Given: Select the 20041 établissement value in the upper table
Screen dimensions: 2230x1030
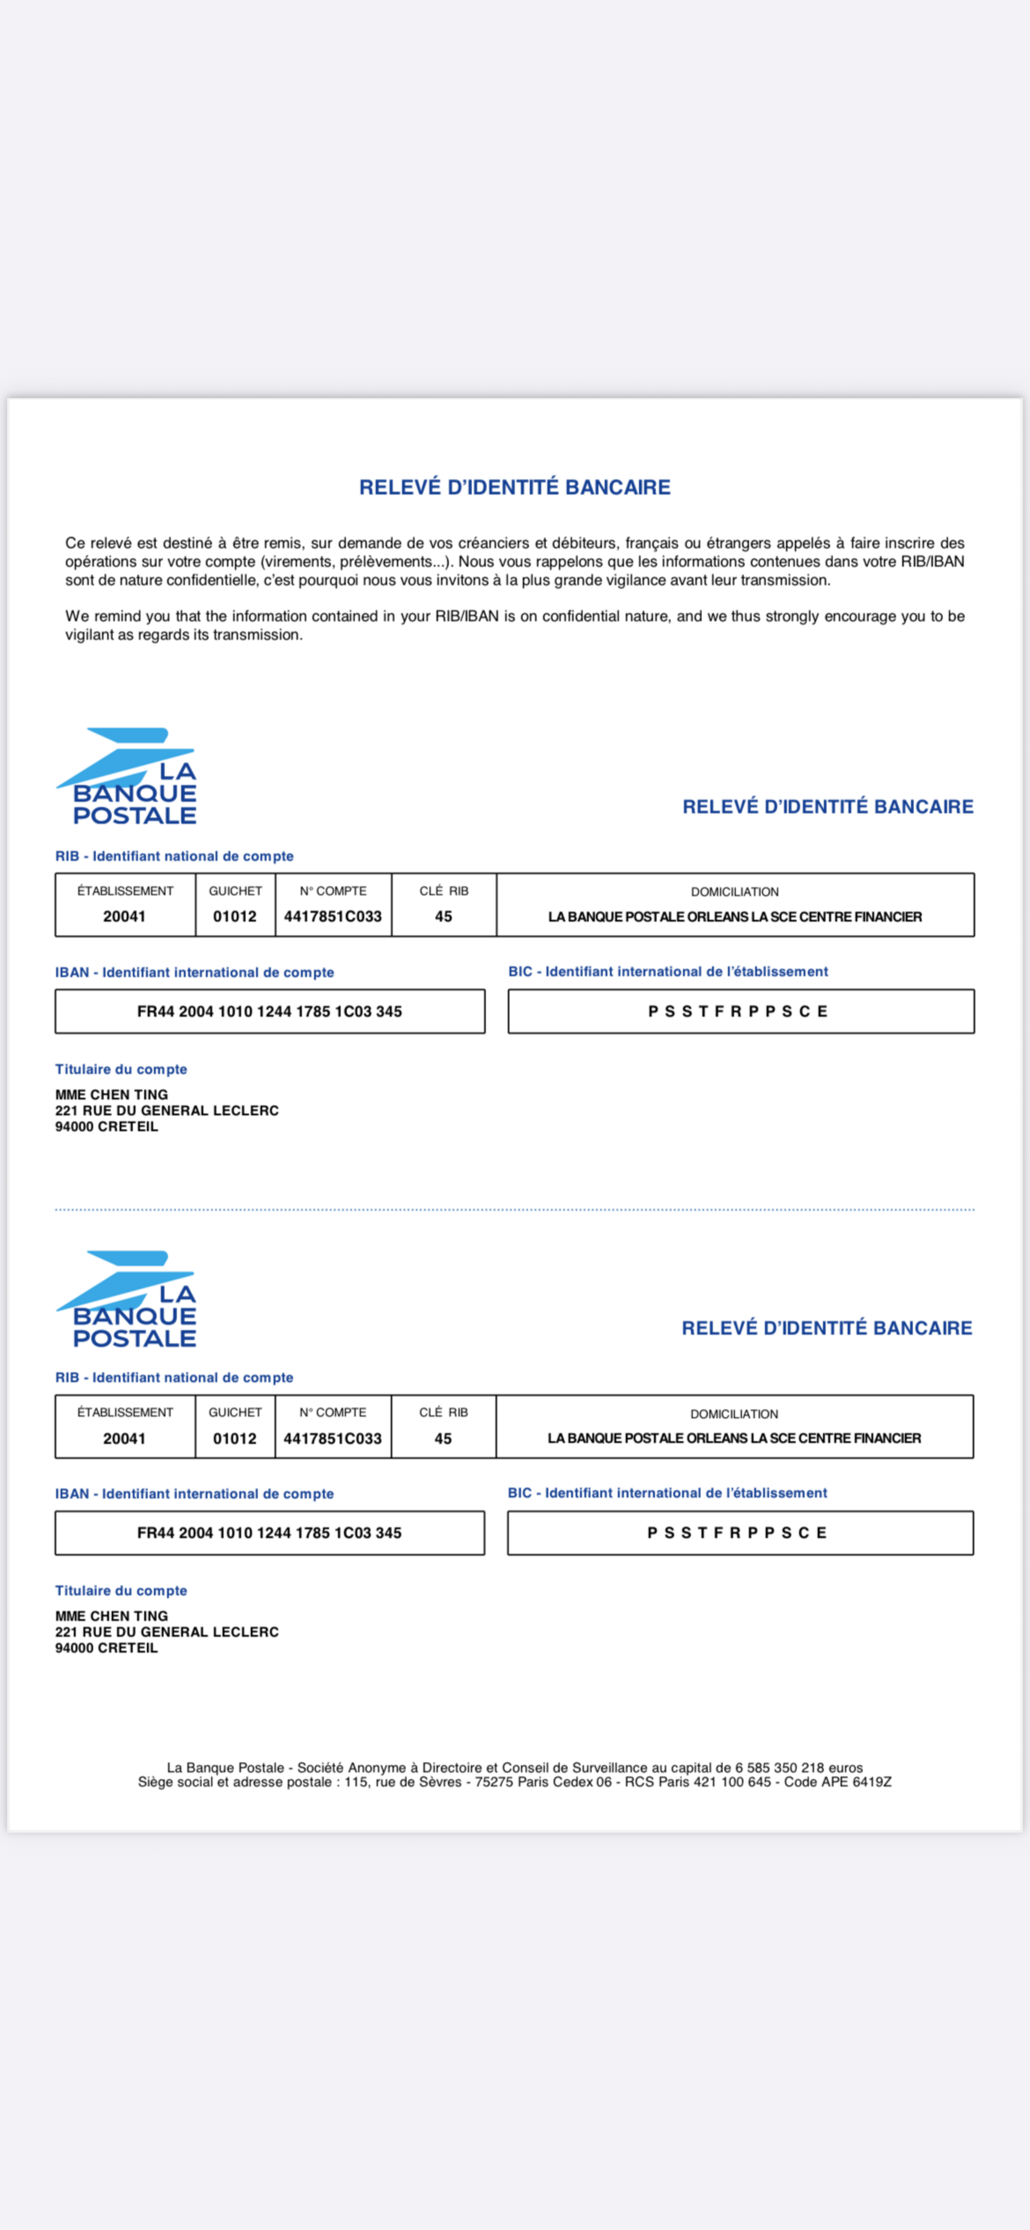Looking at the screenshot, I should coord(125,916).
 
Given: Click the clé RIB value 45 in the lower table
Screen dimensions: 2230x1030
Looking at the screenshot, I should coord(443,1438).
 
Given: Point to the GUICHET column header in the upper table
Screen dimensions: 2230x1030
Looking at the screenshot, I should coord(234,891).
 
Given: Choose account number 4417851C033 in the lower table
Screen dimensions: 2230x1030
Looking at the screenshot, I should coord(332,1438).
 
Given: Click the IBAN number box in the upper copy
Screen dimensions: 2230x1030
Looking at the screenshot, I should coord(269,1011).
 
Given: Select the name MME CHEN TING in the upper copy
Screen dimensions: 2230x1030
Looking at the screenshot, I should coord(112,1094).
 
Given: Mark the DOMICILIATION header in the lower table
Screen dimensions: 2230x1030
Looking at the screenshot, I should coord(734,1414).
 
